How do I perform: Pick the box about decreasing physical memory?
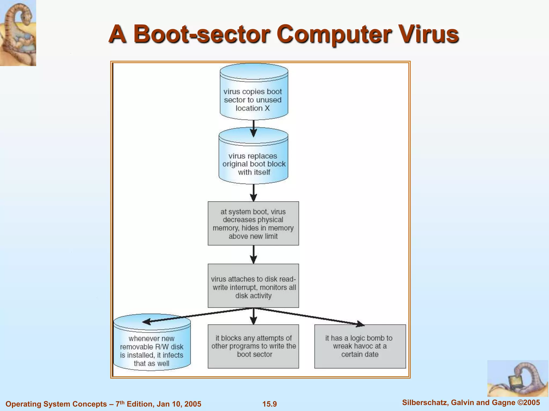(253, 223)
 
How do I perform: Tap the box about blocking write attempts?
(253, 347)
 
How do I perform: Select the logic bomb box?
(360, 347)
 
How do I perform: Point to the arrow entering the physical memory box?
(254, 193)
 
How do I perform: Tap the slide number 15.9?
(269, 404)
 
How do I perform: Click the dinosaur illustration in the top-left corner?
(18, 33)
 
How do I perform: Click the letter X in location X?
(267, 108)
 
